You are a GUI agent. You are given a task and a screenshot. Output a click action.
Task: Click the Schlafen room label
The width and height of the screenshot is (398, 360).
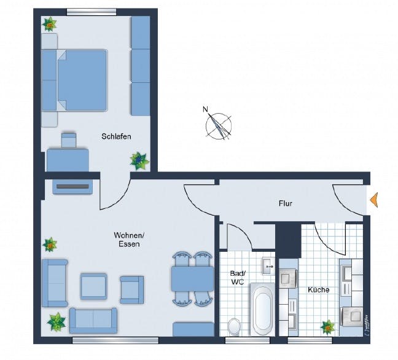coord(116,137)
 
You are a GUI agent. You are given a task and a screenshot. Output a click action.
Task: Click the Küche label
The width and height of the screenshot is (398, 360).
coord(318,289)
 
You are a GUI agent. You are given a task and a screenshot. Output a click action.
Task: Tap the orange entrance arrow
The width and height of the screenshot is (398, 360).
coord(374,199)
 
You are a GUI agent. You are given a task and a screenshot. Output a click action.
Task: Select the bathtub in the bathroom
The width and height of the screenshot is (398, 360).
coord(263,311)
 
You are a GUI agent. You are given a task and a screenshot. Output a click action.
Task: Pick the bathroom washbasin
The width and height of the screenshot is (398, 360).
coord(268,266)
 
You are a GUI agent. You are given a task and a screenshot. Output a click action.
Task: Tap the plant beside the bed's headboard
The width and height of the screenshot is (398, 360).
coord(50,25)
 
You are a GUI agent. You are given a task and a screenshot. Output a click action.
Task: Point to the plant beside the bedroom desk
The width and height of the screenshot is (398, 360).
coord(139,161)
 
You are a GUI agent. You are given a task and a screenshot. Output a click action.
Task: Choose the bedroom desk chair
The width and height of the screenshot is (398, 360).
coord(69,139)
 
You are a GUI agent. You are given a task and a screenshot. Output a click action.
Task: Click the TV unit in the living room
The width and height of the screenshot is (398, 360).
coord(72,186)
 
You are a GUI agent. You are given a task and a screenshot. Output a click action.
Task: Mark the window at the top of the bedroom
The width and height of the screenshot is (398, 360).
coord(92,10)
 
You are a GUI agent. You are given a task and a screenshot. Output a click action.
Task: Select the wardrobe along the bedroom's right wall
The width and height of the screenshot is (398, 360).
coord(141,65)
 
